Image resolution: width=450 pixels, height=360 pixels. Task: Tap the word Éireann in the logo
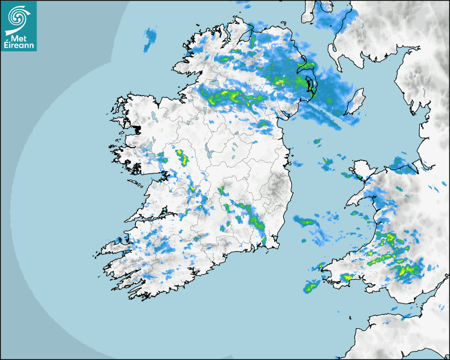[19, 45]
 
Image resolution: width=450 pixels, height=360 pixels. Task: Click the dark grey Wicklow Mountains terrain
[276, 188]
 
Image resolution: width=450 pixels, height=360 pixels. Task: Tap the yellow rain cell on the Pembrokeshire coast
[347, 276]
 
